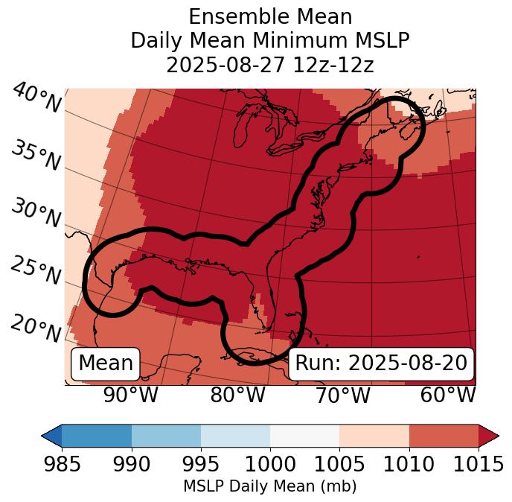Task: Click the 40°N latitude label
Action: pyautogui.click(x=36, y=98)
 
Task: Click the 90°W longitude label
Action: pyautogui.click(x=130, y=395)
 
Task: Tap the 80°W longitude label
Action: pyautogui.click(x=238, y=395)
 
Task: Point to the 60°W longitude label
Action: pyautogui.click(x=448, y=395)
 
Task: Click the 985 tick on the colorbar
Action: pyautogui.click(x=62, y=465)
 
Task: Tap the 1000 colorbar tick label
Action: pyautogui.click(x=269, y=465)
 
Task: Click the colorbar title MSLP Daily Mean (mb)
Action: pyautogui.click(x=269, y=487)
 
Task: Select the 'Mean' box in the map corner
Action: pyautogui.click(x=106, y=363)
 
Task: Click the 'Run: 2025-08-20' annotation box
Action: pyautogui.click(x=381, y=363)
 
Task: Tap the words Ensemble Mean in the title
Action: pyautogui.click(x=269, y=16)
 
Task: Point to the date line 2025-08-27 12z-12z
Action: pyautogui.click(x=269, y=65)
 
